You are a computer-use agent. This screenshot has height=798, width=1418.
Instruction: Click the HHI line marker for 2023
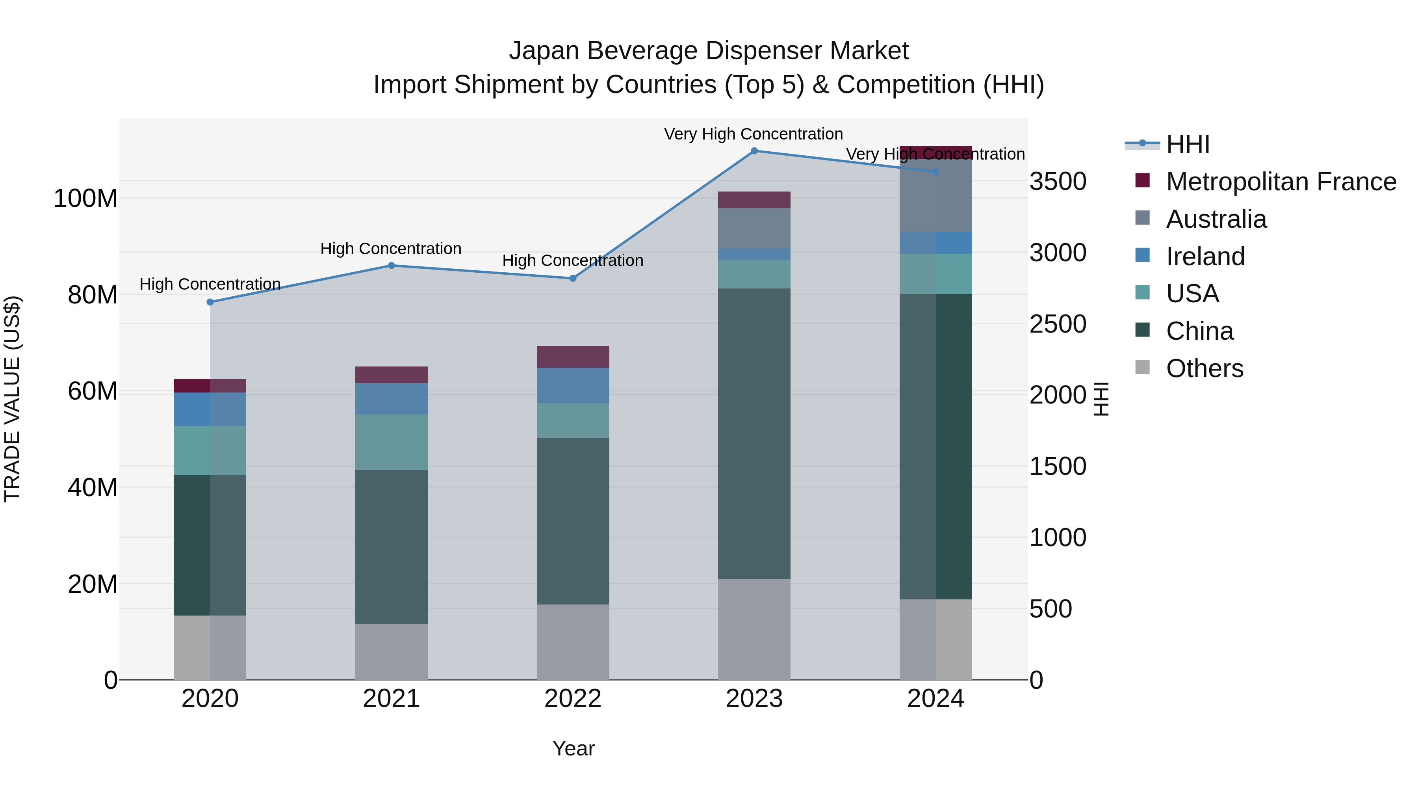point(754,151)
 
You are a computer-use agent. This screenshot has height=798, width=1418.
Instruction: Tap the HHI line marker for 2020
point(210,302)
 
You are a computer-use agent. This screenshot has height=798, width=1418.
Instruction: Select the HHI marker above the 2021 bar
point(392,266)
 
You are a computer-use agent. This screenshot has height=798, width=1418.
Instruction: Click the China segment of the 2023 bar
point(754,433)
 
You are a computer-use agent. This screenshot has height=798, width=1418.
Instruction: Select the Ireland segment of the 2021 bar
point(392,399)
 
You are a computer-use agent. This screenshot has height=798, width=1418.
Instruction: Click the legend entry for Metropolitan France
point(1281,182)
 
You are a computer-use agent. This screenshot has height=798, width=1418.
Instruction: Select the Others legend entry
point(1205,368)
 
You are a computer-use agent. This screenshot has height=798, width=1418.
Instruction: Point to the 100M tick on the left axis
point(85,198)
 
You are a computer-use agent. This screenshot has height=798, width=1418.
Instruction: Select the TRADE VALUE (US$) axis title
point(12,399)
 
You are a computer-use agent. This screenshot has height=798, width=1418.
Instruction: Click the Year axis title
point(573,748)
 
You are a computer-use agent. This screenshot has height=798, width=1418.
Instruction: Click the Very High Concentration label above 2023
point(753,134)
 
